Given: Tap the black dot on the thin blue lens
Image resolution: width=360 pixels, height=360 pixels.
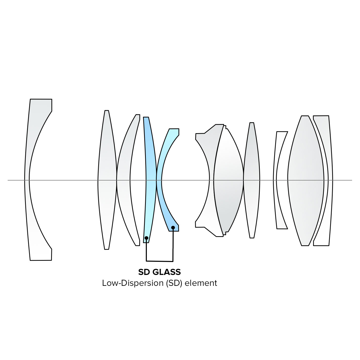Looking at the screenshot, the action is coord(147,238).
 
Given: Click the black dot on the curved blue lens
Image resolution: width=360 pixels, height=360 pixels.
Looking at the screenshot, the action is coord(173,228).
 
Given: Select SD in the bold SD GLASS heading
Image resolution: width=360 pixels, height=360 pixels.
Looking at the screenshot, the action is coord(144,272).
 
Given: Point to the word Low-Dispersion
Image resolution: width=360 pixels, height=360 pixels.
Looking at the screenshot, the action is coord(133,283).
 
